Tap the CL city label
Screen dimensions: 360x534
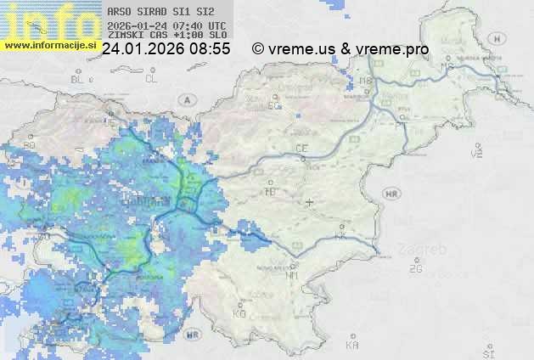tap(151, 79)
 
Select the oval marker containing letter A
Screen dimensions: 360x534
tap(186, 99)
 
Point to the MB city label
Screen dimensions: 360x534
tap(367, 82)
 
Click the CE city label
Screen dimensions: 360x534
tap(301, 149)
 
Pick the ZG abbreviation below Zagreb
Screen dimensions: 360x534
tap(415, 269)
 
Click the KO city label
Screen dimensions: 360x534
tap(239, 313)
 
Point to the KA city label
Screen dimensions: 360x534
tap(352, 346)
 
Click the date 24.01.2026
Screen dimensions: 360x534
tap(142, 49)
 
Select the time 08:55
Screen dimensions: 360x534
tap(210, 49)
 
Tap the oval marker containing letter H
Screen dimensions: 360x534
tap(391, 194)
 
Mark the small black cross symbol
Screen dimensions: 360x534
tap(310, 202)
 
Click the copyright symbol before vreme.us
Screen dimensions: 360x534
tap(258, 49)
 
